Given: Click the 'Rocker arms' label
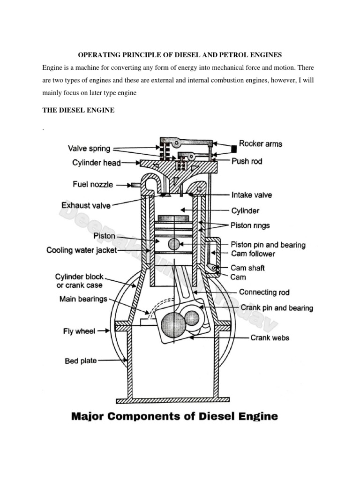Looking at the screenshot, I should click(261, 144).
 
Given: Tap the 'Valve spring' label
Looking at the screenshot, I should click(89, 149).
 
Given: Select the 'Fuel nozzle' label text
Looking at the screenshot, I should click(93, 185).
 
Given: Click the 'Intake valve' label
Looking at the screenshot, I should click(251, 195).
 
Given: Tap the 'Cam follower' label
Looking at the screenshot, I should click(253, 254).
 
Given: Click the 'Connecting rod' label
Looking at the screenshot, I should click(264, 292).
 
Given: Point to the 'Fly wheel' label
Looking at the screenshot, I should click(79, 331).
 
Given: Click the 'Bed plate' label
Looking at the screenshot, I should click(81, 361).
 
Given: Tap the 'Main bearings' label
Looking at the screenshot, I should click(83, 299).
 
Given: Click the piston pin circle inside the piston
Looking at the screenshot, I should click(174, 244).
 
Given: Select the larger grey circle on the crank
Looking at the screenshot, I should click(173, 323).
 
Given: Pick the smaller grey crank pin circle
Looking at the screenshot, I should click(192, 319).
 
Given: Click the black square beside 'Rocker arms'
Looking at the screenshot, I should click(232, 149).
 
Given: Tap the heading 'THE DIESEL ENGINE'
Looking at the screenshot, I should click(78, 110).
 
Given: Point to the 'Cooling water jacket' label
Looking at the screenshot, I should click(82, 250).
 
